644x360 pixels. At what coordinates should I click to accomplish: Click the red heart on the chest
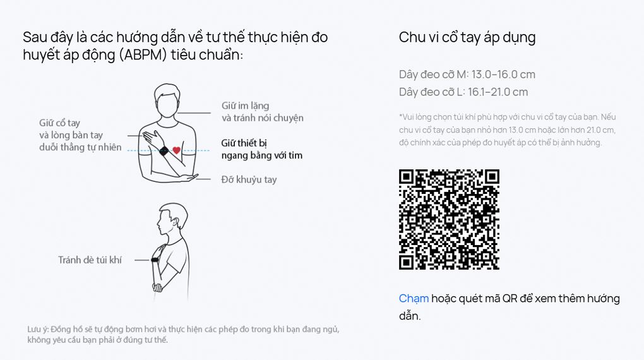pyautogui.click(x=177, y=150)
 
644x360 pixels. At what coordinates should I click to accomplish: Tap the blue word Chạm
pyautogui.click(x=414, y=298)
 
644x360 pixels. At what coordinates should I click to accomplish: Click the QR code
pyautogui.click(x=449, y=219)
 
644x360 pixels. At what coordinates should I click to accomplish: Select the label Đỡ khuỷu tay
pyautogui.click(x=249, y=179)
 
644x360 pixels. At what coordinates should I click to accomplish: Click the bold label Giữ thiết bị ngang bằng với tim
pyautogui.click(x=261, y=149)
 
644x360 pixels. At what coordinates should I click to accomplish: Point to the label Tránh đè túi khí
pyautogui.click(x=90, y=260)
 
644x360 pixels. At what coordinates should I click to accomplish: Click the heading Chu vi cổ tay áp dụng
pyautogui.click(x=467, y=37)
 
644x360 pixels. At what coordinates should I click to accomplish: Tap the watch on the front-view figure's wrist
pyautogui.click(x=164, y=151)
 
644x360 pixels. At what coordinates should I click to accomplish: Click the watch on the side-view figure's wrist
pyautogui.click(x=155, y=260)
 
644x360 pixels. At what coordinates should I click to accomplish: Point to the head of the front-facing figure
pyautogui.click(x=167, y=100)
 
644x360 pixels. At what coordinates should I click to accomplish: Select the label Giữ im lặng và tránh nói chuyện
pyautogui.click(x=263, y=112)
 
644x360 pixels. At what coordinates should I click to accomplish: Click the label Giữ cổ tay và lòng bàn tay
pyautogui.click(x=71, y=129)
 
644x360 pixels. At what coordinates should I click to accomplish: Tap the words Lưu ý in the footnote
pyautogui.click(x=38, y=330)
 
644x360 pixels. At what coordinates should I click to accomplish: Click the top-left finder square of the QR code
pyautogui.click(x=406, y=177)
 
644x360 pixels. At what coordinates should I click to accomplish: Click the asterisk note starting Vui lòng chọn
pyautogui.click(x=507, y=130)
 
